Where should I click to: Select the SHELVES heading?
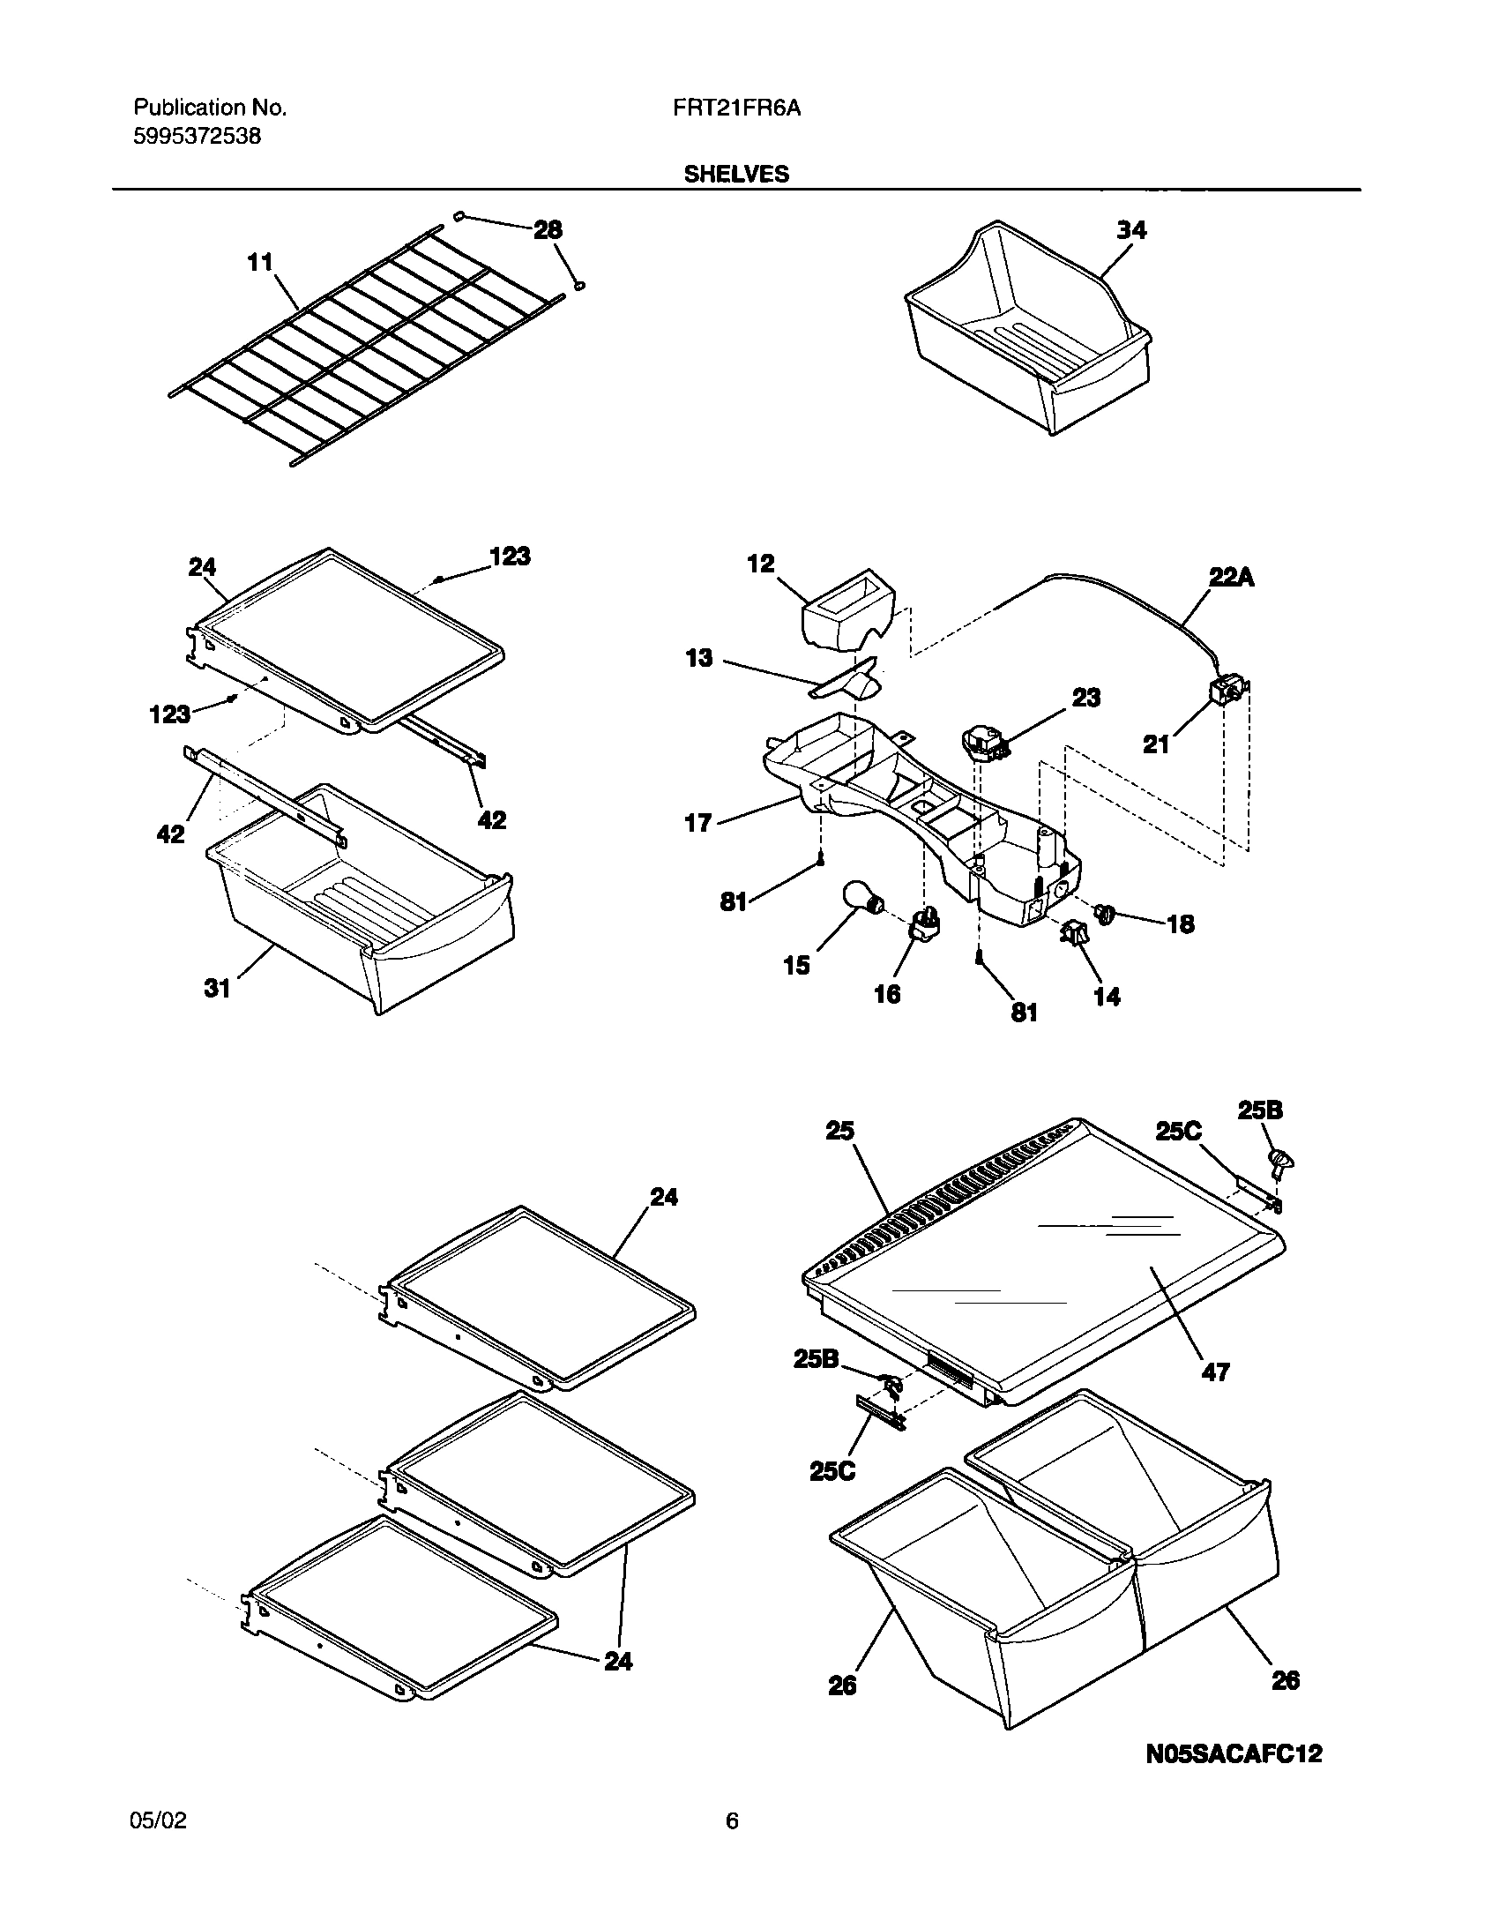tap(736, 175)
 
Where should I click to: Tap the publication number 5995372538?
tap(197, 137)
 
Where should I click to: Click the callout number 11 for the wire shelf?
tap(260, 262)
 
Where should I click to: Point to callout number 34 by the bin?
tap(1131, 230)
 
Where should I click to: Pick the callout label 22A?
tap(1231, 579)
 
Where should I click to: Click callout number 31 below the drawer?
tap(217, 989)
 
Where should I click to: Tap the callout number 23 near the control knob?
tap(1085, 698)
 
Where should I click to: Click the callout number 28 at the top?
tap(548, 230)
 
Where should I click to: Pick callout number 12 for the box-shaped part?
tap(760, 564)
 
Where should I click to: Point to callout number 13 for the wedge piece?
tap(699, 658)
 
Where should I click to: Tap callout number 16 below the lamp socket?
tap(887, 994)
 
